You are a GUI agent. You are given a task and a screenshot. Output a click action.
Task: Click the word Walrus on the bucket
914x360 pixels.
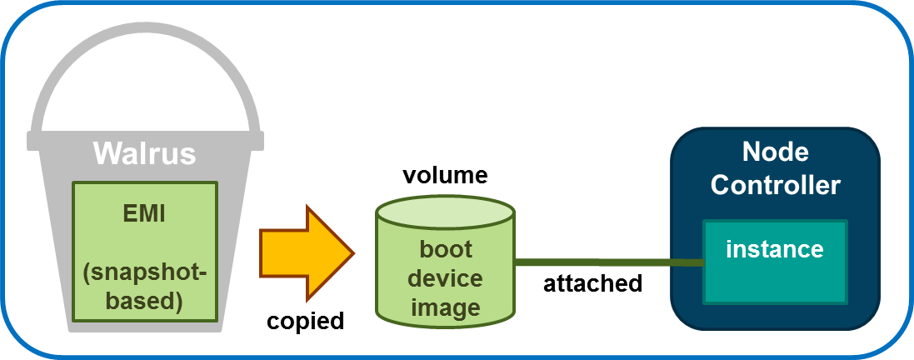pyautogui.click(x=144, y=153)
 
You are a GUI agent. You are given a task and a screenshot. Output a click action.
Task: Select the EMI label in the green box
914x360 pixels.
pyautogui.click(x=145, y=214)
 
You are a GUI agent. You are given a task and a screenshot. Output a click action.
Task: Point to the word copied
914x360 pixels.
pyautogui.click(x=305, y=322)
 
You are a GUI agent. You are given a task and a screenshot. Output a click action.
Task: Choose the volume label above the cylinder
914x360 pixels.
pyautogui.click(x=444, y=176)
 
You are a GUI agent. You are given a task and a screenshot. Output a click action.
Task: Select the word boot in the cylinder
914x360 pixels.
pyautogui.click(x=445, y=249)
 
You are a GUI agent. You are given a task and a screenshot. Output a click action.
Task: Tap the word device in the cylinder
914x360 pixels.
pyautogui.click(x=445, y=277)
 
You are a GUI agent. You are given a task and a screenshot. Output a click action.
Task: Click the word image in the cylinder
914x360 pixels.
pyautogui.click(x=445, y=307)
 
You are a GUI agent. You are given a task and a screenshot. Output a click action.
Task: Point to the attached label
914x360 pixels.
pyautogui.click(x=592, y=283)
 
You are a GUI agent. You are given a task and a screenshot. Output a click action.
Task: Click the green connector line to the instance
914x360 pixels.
pyautogui.click(x=608, y=262)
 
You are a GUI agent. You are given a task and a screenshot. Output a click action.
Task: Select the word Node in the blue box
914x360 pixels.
pyautogui.click(x=775, y=152)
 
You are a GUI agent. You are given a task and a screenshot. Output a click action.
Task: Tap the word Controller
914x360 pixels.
pyautogui.click(x=775, y=184)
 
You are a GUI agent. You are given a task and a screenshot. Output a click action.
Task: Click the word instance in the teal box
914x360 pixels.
pyautogui.click(x=774, y=248)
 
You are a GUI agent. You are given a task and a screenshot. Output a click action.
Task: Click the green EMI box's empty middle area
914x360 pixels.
pyautogui.click(x=145, y=250)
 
